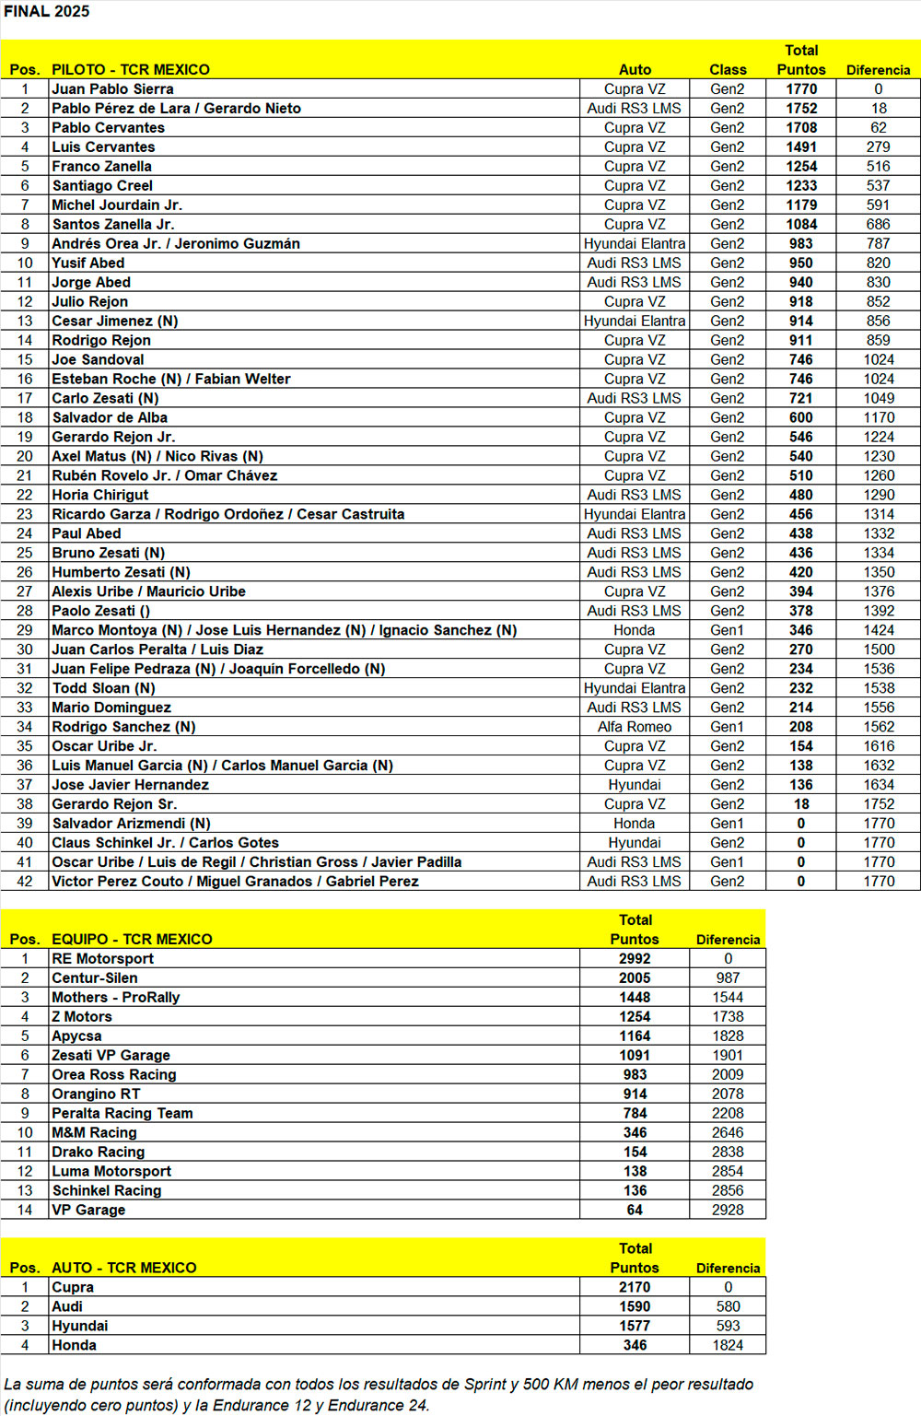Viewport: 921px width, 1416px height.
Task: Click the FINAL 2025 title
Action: pyautogui.click(x=47, y=11)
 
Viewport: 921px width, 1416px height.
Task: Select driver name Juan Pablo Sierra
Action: pyautogui.click(x=112, y=89)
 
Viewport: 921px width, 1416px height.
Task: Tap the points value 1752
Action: pyautogui.click(x=800, y=109)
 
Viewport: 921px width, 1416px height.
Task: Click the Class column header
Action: pyautogui.click(x=728, y=70)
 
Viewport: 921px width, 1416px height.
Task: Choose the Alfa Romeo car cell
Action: pyautogui.click(x=635, y=727)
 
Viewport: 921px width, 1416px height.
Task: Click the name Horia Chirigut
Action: pyautogui.click(x=99, y=495)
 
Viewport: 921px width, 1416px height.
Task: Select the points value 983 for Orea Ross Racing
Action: pyautogui.click(x=635, y=1075)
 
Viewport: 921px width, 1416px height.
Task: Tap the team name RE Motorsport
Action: pyautogui.click(x=102, y=959)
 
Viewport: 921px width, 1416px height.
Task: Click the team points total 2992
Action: pyautogui.click(x=635, y=959)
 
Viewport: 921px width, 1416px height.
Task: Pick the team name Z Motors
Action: pyautogui.click(x=82, y=1017)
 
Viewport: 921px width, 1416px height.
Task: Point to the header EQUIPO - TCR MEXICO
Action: pyautogui.click(x=132, y=940)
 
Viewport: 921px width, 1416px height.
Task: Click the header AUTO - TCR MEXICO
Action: pyautogui.click(x=124, y=1269)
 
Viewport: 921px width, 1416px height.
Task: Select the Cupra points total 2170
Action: pyautogui.click(x=635, y=1288)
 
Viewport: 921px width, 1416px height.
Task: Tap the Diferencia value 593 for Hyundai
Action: pyautogui.click(x=728, y=1327)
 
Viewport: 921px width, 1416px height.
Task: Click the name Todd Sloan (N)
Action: pyautogui.click(x=103, y=688)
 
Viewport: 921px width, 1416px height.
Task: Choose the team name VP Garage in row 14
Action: pyautogui.click(x=88, y=1211)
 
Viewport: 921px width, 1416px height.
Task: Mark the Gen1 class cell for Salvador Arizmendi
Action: pyautogui.click(x=727, y=824)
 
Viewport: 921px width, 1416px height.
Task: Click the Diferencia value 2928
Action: pyautogui.click(x=728, y=1211)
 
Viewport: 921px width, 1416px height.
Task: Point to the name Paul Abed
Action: pyautogui.click(x=87, y=533)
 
